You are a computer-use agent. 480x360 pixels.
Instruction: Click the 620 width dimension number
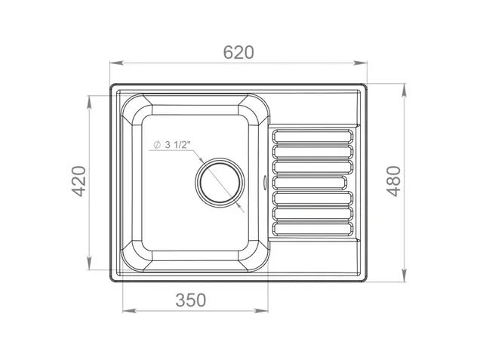tap(238, 52)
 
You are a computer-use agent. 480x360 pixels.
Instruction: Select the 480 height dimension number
tap(393, 181)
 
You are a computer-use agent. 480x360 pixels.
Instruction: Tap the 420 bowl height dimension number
tap(78, 181)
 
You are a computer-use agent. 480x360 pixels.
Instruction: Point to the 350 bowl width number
tap(191, 300)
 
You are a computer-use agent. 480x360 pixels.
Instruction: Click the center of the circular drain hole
tap(220, 183)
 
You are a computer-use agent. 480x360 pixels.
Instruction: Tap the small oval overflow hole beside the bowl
tap(265, 182)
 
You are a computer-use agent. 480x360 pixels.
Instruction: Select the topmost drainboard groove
tap(312, 137)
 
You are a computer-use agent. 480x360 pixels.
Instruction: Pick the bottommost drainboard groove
tap(312, 229)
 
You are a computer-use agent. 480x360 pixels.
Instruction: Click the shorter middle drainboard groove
tap(309, 183)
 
